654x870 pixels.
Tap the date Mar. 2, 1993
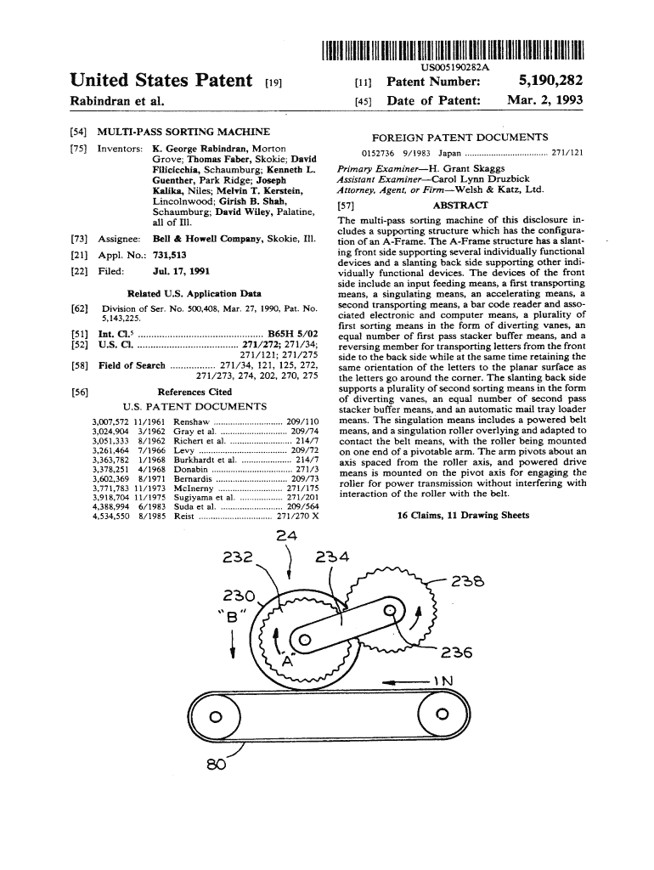pos(544,100)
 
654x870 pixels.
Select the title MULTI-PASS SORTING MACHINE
pos(183,132)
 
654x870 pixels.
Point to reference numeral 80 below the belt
pos(215,761)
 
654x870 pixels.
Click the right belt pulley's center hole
pos(442,715)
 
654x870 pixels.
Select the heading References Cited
pos(195,392)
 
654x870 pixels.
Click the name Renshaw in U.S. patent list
pos(191,421)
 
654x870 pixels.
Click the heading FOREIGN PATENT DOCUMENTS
pos(460,137)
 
